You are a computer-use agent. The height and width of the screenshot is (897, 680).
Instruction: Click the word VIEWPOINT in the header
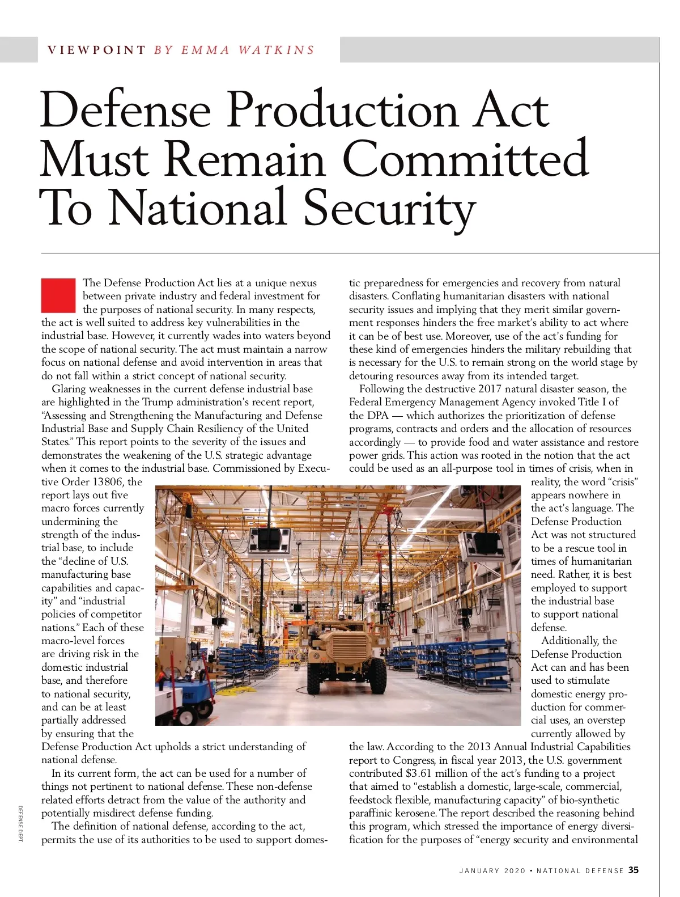[96, 50]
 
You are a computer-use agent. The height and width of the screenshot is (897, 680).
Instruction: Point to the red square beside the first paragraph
[58, 295]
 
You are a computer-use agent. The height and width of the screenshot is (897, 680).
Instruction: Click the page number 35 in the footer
[634, 870]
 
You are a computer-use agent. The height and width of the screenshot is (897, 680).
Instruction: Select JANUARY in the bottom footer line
[479, 870]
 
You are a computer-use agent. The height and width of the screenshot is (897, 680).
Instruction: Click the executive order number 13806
[108, 482]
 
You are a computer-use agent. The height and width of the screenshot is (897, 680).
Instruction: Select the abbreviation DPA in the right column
[377, 416]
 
